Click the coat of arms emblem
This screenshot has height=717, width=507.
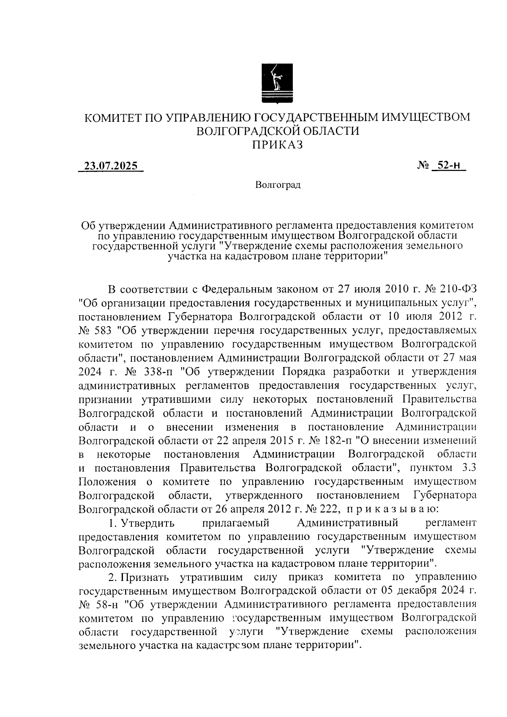277,83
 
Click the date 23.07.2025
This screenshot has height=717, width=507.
111,166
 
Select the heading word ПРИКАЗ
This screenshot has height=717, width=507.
278,145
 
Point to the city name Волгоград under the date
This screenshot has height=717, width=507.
278,185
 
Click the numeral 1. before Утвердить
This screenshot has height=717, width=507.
112,523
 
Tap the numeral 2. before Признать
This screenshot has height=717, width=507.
112,577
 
